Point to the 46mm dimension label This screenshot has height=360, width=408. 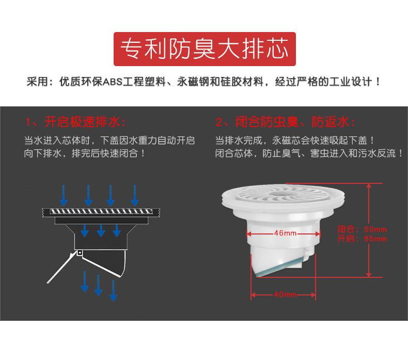[x=286, y=233]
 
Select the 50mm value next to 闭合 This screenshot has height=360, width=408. [x=375, y=229]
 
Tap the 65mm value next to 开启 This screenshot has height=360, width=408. [x=375, y=239]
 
